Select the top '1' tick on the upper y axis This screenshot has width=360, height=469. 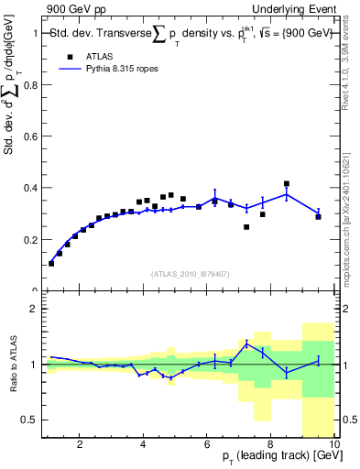click(x=33, y=33)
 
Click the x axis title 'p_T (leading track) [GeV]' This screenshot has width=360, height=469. click(x=276, y=459)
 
